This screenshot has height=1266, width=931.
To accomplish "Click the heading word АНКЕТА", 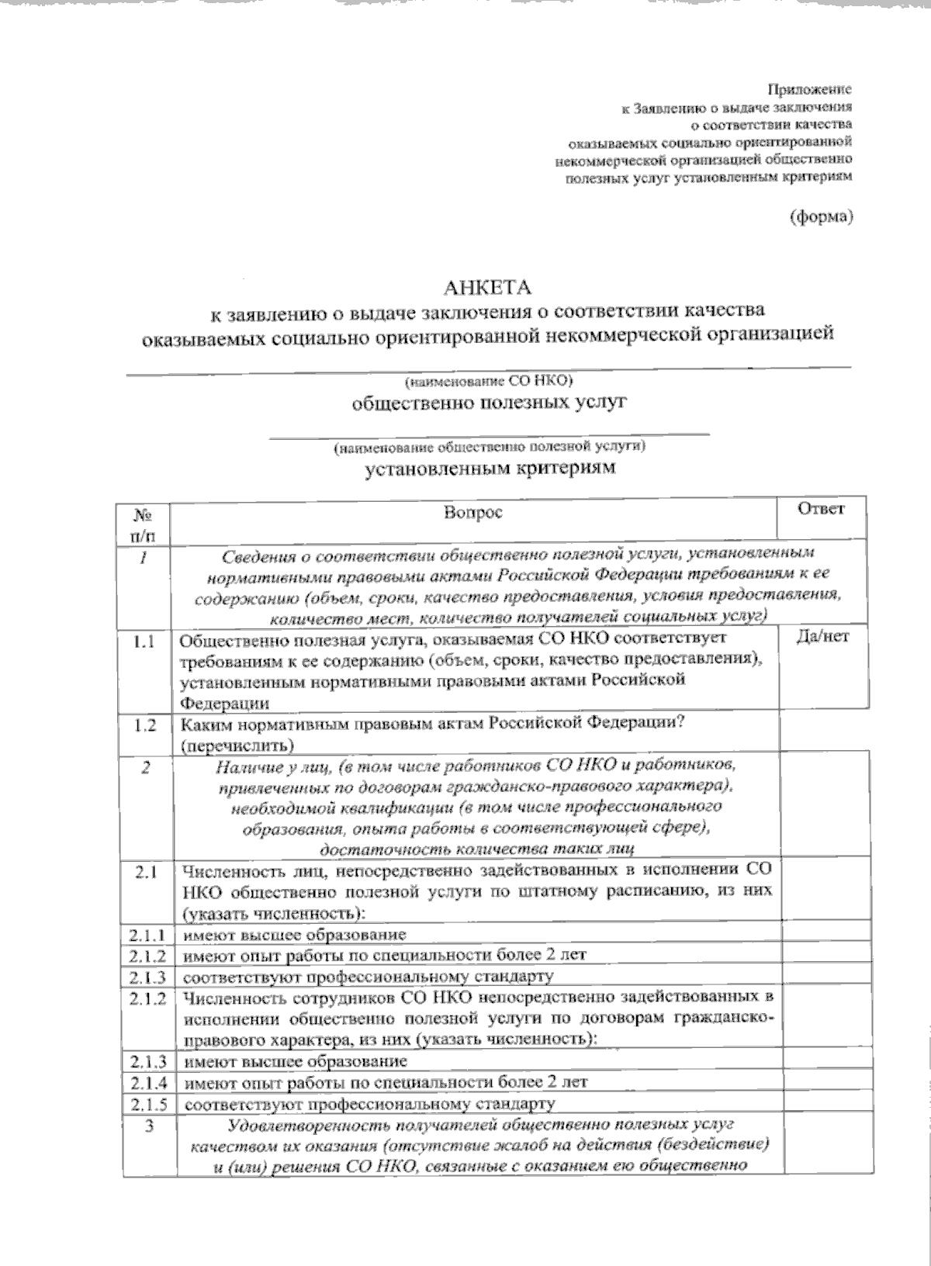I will tap(487, 288).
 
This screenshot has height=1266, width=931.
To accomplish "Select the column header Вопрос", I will tap(472, 513).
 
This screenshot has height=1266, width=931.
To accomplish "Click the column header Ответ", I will tap(821, 509).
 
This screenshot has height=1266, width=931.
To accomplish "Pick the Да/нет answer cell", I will tap(822, 637).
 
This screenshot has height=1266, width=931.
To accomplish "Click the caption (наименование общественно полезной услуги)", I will tap(490, 448).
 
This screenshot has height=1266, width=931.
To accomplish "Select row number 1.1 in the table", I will tap(144, 642).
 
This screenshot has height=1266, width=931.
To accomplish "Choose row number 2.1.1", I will tap(147, 936).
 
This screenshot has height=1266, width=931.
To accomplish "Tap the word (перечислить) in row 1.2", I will tap(237, 745).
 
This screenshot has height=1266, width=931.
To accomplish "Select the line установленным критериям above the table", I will tap(490, 469).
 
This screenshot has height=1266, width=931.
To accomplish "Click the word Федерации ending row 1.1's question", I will tap(226, 704).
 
